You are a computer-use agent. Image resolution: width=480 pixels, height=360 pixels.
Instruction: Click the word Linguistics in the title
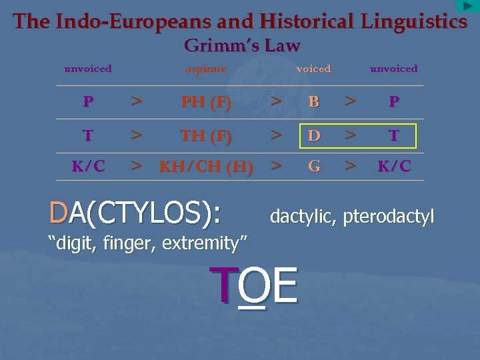413,21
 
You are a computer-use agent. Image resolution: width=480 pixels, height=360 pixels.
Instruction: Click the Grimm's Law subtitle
242,45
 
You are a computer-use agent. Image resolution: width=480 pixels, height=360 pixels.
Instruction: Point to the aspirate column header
206,69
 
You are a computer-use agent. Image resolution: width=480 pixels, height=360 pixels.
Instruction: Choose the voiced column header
313,69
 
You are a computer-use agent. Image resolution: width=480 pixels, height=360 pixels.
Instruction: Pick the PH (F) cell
207,102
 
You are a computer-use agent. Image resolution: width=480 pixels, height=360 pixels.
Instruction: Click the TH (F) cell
207,136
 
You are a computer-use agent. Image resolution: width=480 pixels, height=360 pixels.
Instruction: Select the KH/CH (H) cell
206,167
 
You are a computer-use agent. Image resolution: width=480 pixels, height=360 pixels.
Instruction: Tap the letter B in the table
313,102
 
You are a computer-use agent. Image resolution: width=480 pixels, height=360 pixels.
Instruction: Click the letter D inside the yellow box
313,136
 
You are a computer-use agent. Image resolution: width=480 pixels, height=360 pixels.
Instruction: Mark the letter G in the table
313,166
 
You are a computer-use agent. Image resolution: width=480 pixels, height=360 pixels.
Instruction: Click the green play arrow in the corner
468,6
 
